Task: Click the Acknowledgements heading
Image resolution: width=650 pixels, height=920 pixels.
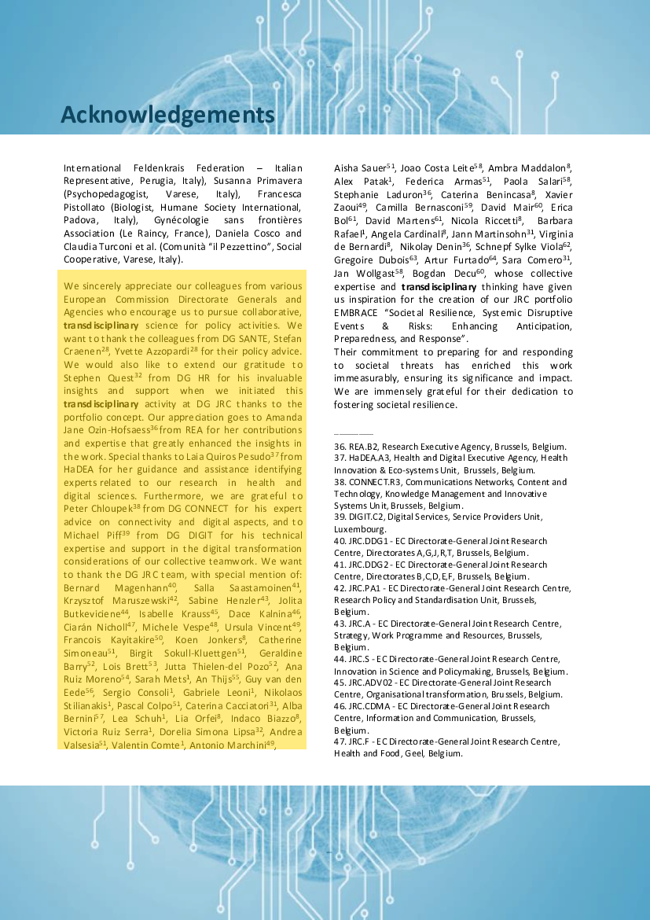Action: pyautogui.click(x=167, y=115)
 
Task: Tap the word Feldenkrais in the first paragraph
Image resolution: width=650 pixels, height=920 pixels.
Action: pyautogui.click(x=146, y=168)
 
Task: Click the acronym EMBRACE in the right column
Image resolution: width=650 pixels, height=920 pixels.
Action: pyautogui.click(x=358, y=312)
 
